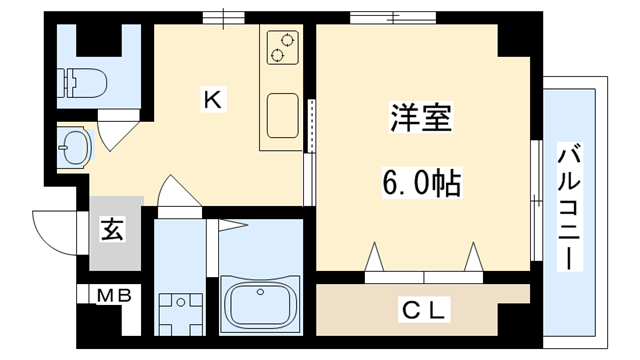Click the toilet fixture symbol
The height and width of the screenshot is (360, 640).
[81, 82]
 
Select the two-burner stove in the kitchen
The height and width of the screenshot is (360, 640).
[283, 48]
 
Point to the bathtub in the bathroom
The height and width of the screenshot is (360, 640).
[259, 303]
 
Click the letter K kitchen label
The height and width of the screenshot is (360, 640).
[212, 98]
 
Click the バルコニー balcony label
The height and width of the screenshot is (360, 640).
[570, 207]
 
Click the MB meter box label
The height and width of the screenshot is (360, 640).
[112, 296]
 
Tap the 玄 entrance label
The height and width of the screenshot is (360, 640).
[112, 230]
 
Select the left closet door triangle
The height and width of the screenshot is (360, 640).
[376, 258]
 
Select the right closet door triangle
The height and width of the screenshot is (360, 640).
[471, 258]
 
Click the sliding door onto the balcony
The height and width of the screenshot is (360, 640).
[534, 200]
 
